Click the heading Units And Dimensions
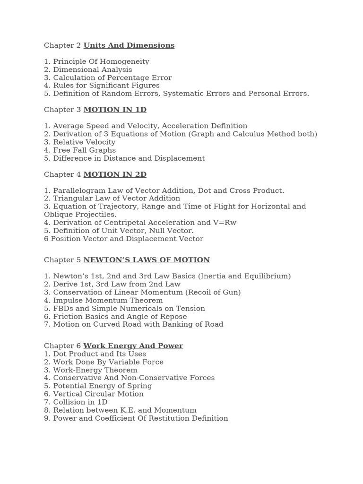tap(129, 45)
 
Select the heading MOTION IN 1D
tap(115, 110)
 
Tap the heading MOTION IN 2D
tap(115, 174)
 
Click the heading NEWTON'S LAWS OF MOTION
tap(147, 260)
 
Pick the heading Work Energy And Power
tap(133, 346)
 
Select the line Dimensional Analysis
tap(88, 69)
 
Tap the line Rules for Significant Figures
tap(102, 86)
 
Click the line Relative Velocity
tap(79, 142)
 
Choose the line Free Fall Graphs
tap(79, 150)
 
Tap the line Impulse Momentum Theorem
tap(103, 300)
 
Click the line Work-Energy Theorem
tap(91, 370)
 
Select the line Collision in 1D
tap(76, 402)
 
